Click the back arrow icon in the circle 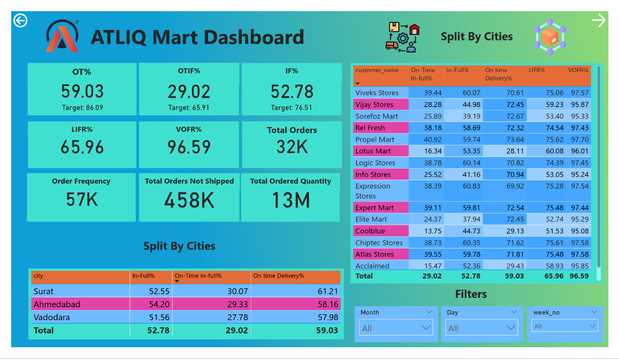click(21, 21)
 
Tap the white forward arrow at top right click(598, 21)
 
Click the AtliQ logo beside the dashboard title click(63, 37)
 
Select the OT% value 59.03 click(82, 92)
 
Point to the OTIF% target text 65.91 click(189, 108)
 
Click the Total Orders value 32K click(292, 146)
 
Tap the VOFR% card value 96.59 click(189, 146)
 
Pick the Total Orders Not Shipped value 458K click(189, 200)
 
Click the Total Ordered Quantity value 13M click(290, 200)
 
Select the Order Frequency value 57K click(82, 199)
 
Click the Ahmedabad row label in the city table click(57, 305)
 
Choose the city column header click(38, 276)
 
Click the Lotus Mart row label click(373, 151)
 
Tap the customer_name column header click(377, 70)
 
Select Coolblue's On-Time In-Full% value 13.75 click(433, 231)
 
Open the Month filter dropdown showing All click(396, 328)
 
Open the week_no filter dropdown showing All click(562, 327)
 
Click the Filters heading click(471, 294)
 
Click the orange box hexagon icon click(550, 37)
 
